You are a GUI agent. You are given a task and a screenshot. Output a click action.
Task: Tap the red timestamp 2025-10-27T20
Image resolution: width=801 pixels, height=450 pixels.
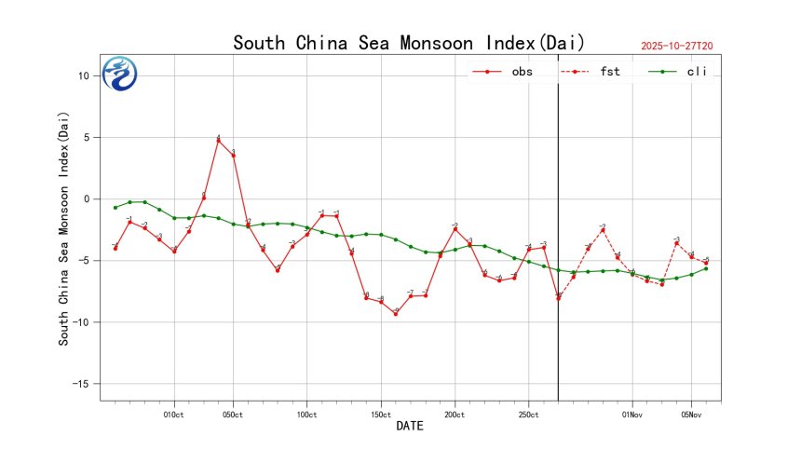pos(683,45)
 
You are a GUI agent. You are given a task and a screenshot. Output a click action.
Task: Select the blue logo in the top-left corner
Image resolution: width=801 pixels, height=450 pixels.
pos(120,74)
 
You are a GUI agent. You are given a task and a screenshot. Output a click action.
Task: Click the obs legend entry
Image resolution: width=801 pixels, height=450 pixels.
pos(504,71)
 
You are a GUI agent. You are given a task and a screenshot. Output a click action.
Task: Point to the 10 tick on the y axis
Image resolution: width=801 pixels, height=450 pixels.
pos(82,76)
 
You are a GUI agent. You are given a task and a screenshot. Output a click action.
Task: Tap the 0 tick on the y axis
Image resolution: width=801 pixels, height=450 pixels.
pos(85,199)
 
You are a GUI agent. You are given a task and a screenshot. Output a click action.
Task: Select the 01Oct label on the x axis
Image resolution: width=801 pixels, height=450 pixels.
pos(173,414)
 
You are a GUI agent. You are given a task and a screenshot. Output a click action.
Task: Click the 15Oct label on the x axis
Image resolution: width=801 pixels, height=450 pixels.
pos(380,414)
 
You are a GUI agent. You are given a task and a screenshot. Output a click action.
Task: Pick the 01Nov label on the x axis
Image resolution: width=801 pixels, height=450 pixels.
pos(631,414)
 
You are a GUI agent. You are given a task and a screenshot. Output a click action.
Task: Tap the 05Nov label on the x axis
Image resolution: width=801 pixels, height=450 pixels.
pos(691,414)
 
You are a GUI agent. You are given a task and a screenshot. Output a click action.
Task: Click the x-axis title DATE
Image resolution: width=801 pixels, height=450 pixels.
pos(411,427)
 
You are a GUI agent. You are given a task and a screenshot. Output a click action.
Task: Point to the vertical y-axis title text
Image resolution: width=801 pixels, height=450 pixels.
pos(64,229)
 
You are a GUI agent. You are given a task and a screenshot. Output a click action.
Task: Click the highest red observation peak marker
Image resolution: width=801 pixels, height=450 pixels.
pos(218,140)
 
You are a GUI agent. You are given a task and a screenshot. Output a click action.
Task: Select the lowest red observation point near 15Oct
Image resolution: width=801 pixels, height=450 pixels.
pos(396,314)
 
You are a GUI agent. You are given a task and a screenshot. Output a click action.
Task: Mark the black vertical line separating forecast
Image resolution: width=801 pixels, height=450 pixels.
pos(558,233)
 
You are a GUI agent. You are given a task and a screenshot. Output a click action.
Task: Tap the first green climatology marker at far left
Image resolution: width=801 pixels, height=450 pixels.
pos(115,207)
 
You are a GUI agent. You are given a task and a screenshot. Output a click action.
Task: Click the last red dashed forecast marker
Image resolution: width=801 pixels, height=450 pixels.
pos(706,263)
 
